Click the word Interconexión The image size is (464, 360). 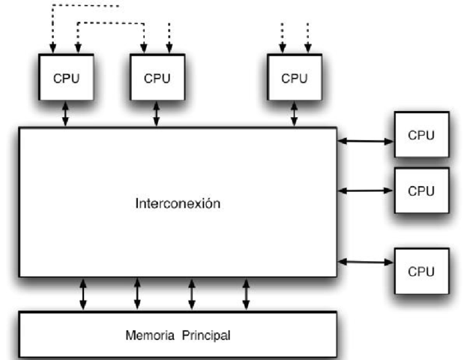(178, 203)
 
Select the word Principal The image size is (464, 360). (206, 334)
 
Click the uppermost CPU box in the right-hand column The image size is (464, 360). (421, 135)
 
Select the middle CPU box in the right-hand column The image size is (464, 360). (421, 190)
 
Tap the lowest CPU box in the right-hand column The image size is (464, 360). (421, 271)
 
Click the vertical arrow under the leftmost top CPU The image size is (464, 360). (65, 115)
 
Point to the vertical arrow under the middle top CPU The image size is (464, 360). (156, 115)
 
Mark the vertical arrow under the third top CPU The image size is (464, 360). (294, 115)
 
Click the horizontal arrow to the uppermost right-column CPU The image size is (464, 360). (366, 139)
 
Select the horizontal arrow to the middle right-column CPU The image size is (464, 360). (366, 190)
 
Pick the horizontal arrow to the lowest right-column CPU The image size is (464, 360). (366, 262)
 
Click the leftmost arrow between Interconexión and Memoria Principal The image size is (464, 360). (83, 293)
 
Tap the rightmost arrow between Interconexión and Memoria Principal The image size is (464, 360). (246, 293)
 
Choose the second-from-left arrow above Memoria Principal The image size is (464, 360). (137, 293)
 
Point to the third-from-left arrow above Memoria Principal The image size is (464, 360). (192, 293)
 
